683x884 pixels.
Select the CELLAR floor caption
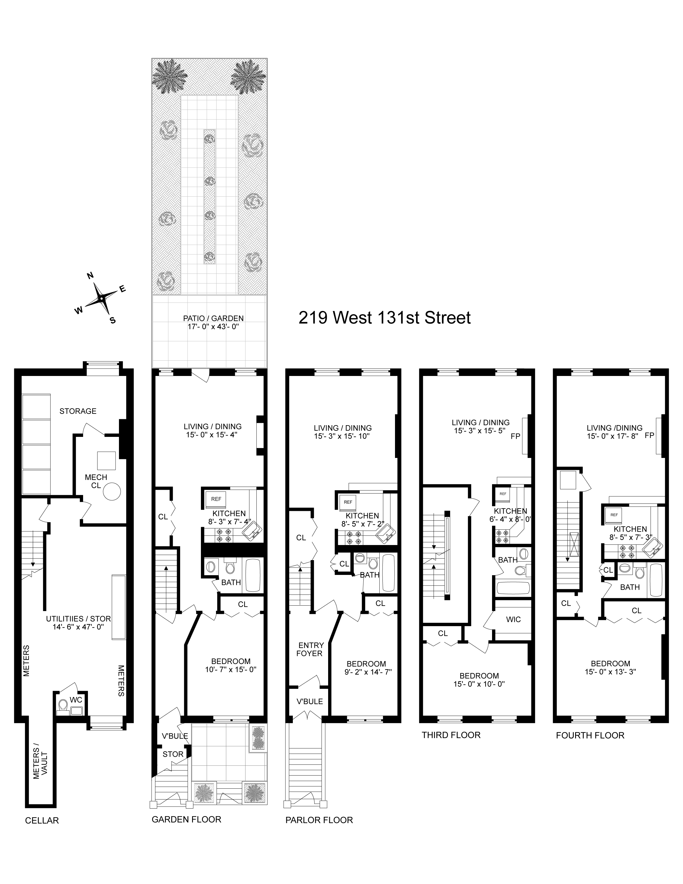click(42, 821)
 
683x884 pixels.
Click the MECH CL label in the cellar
click(96, 481)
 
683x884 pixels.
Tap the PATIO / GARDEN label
click(213, 318)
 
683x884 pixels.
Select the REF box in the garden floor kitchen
click(216, 499)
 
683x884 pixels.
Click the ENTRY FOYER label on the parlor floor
click(311, 649)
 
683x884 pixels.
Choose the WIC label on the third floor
click(513, 619)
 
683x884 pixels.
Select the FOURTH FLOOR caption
click(590, 735)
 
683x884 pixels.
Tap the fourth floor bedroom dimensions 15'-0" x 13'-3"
click(610, 671)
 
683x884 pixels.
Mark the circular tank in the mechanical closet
click(112, 493)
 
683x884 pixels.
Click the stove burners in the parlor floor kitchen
click(353, 537)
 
